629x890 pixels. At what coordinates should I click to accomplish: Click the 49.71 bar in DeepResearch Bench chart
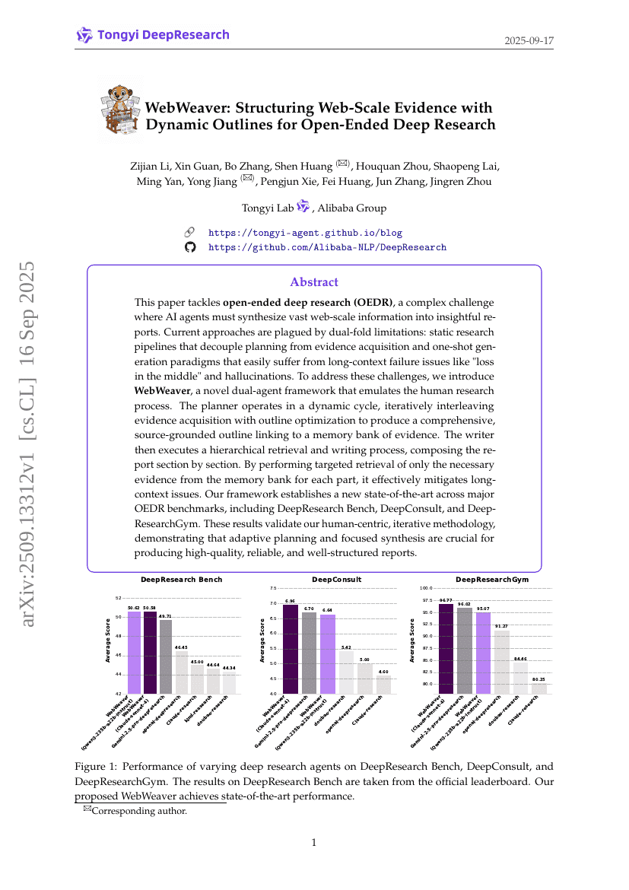[x=166, y=657]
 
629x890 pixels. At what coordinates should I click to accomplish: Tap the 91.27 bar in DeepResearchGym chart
[x=501, y=662]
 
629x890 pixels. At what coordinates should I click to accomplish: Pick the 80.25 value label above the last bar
[x=538, y=679]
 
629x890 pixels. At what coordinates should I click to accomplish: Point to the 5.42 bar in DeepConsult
[x=345, y=672]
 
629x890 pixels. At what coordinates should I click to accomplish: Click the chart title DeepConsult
[x=337, y=580]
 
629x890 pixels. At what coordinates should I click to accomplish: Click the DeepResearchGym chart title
[x=492, y=580]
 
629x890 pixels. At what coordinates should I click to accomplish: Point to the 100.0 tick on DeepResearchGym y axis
[x=426, y=588]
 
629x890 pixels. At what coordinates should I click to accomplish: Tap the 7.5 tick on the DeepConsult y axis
[x=272, y=588]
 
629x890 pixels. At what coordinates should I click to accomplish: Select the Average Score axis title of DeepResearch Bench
[x=107, y=640]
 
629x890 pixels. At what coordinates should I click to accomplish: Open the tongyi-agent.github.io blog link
[x=305, y=233]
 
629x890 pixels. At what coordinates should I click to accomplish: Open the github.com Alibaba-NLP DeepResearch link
[x=327, y=247]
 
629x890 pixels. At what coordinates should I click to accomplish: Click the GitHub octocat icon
[x=190, y=247]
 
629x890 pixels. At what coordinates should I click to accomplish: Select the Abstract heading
[x=314, y=282]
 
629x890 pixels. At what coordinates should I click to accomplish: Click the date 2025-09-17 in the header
[x=529, y=40]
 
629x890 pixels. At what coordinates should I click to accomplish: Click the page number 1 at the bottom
[x=314, y=842]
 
